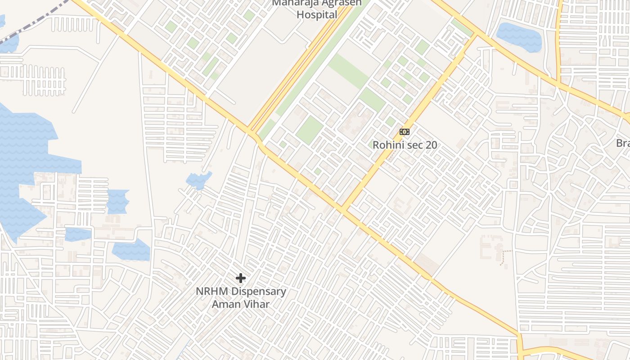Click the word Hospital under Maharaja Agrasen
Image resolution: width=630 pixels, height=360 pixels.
coord(317,15)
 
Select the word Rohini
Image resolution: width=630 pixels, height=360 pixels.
coord(387,145)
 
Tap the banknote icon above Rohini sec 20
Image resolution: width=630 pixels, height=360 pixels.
coord(405,132)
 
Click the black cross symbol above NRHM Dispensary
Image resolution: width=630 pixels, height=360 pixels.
coord(241,278)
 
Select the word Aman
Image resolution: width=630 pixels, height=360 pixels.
coord(225,304)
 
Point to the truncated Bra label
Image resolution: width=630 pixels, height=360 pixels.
coord(623,143)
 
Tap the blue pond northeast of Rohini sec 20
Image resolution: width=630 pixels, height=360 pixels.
coord(518,36)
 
